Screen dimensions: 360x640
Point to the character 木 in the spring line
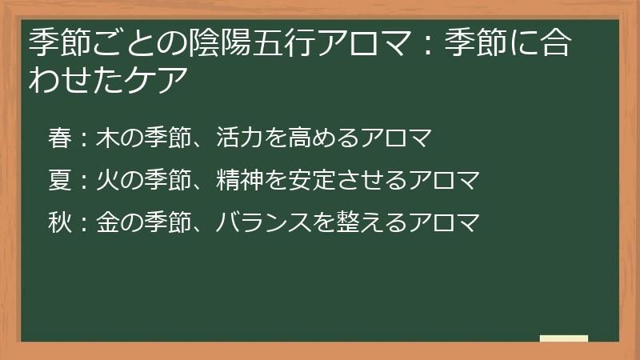[x=107, y=138]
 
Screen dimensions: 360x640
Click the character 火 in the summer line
[x=107, y=180]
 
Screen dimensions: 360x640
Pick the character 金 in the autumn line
[x=107, y=222]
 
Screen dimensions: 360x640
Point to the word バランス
[x=263, y=222]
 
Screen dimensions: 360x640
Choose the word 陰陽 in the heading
[x=201, y=41]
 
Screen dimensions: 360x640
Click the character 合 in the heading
[x=556, y=41]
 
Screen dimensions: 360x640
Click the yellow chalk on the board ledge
[x=563, y=338]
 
